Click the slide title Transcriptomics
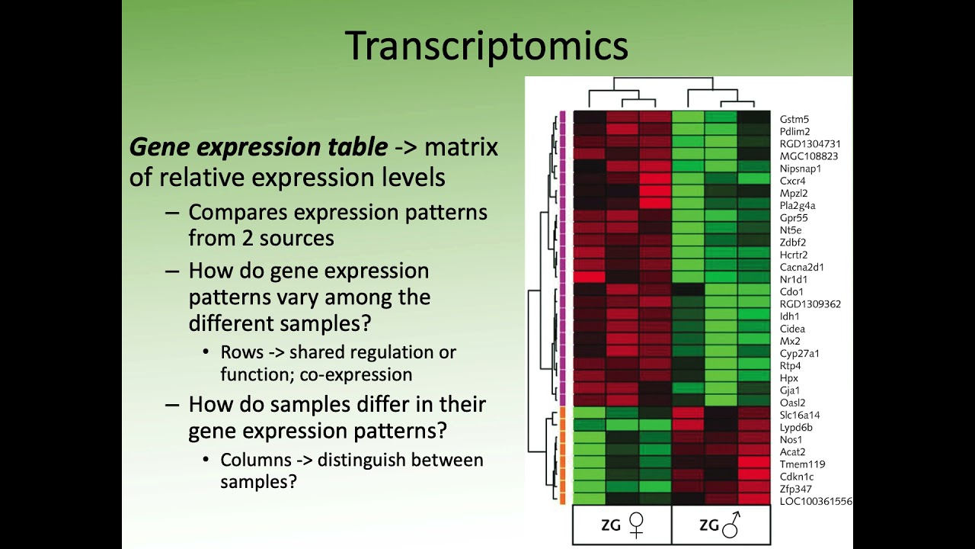click(x=486, y=46)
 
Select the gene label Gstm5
click(x=794, y=119)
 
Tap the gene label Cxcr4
click(x=792, y=181)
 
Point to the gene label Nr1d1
click(x=792, y=279)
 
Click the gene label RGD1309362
click(x=810, y=304)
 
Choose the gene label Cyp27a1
click(x=799, y=353)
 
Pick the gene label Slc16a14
click(x=800, y=415)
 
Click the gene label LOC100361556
click(x=816, y=501)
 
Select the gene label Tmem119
click(x=802, y=464)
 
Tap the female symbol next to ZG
click(x=636, y=524)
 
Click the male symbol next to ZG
click(x=733, y=524)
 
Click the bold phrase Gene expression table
click(x=258, y=146)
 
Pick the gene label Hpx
click(x=788, y=378)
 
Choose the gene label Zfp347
click(x=795, y=489)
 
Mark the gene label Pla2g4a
click(x=798, y=205)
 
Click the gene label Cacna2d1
click(x=801, y=267)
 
